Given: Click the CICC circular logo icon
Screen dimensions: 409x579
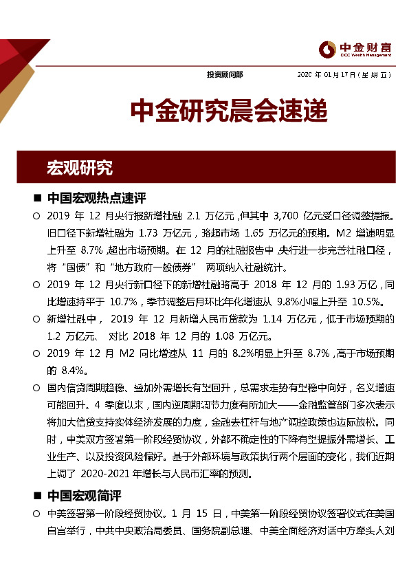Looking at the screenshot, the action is click(327, 47).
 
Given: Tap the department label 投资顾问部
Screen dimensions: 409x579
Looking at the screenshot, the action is click(224, 74).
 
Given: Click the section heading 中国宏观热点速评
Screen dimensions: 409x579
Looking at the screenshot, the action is click(98, 199).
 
